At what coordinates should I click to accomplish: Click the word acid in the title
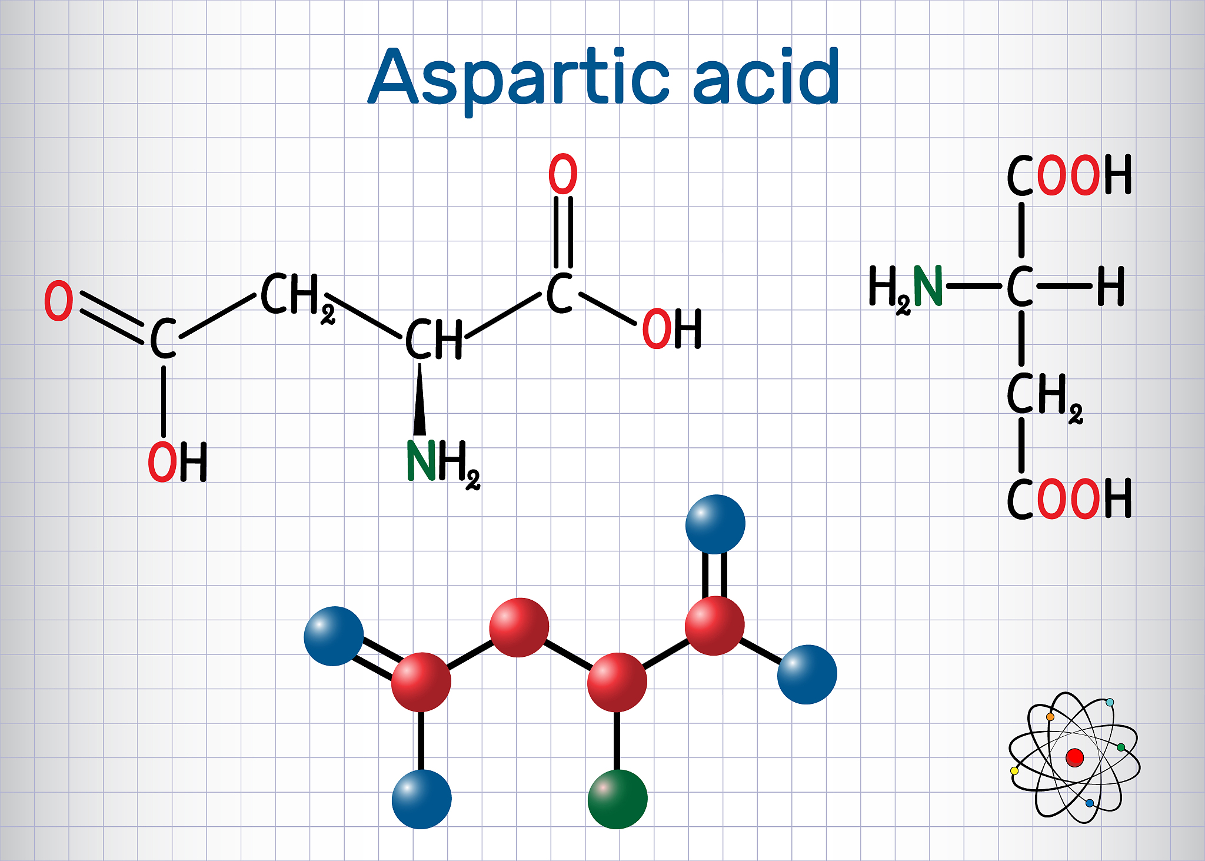click(x=766, y=77)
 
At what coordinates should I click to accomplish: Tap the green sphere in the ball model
click(x=617, y=799)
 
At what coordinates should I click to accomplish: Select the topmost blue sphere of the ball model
click(x=715, y=524)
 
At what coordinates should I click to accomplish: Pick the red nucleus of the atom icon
click(x=1074, y=757)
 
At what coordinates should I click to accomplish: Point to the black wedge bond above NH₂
click(x=420, y=400)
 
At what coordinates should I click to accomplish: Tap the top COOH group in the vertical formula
click(x=1069, y=175)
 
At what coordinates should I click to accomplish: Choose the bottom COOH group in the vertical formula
click(x=1069, y=498)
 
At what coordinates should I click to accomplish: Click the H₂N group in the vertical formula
click(x=906, y=288)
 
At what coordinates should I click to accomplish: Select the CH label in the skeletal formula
click(x=434, y=339)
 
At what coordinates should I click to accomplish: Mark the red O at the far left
click(x=59, y=301)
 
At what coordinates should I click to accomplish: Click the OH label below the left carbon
click(x=177, y=462)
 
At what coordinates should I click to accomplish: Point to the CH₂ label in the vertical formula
click(x=1044, y=397)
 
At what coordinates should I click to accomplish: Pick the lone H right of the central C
click(x=1111, y=286)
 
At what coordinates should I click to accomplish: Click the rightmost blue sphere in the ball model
click(x=807, y=674)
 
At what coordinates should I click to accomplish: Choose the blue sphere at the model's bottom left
click(x=421, y=799)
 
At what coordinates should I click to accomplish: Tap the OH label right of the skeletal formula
click(x=671, y=328)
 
